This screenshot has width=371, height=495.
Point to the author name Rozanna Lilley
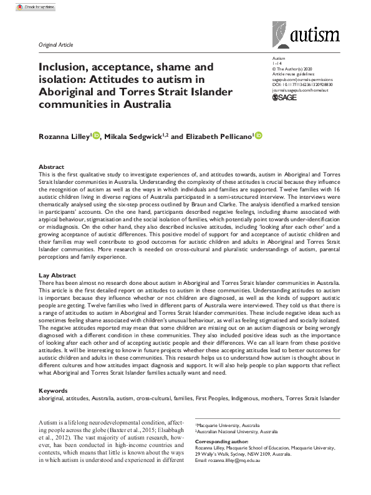(62, 136)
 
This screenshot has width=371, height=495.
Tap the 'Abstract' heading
(51, 168)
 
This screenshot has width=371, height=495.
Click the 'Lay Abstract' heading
(57, 275)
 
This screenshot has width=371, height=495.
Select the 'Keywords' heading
(52, 390)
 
